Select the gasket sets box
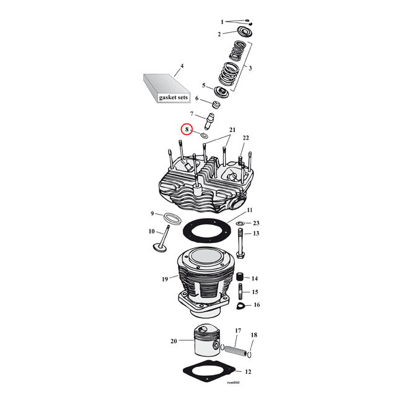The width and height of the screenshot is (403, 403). coord(164,89)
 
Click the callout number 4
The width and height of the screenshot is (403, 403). coord(182,66)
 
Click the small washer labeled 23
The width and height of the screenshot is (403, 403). coord(240,223)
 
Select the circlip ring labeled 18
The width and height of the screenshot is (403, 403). coord(248,355)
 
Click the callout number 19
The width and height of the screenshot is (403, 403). coord(165,279)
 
